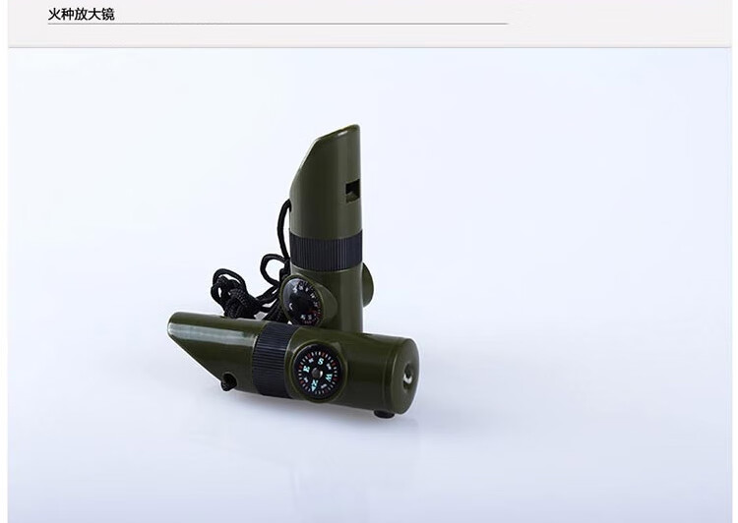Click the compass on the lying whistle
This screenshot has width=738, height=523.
317,370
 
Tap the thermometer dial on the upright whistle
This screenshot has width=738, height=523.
301,301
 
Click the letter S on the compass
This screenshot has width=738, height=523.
321,361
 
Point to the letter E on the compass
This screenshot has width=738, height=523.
306,370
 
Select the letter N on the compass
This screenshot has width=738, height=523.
314,384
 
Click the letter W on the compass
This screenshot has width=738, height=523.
329,377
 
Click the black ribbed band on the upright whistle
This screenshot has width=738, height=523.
326,253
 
